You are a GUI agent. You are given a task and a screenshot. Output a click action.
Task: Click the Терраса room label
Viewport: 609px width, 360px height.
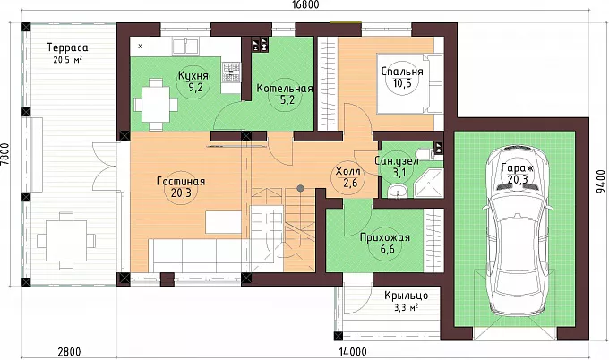(67, 47)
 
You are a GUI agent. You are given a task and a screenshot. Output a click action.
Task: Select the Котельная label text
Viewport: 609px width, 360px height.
(285, 88)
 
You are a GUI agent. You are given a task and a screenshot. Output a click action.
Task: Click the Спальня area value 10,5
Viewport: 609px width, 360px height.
(402, 83)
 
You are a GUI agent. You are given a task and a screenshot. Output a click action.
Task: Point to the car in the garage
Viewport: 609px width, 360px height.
(518, 230)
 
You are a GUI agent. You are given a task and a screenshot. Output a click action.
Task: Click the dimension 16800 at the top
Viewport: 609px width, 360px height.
(304, 4)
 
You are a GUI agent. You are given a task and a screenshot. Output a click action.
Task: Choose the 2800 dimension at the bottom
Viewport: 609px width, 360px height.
(69, 352)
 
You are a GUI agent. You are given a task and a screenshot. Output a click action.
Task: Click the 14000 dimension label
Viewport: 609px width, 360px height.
(353, 352)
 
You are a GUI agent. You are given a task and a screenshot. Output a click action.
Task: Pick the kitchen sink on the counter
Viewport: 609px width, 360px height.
(185, 46)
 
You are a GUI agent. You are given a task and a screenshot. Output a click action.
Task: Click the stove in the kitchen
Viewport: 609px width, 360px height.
(231, 73)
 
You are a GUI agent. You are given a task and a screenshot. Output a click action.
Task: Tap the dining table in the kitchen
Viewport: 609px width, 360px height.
(156, 104)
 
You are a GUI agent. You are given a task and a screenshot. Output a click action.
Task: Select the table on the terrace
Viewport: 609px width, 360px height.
(66, 241)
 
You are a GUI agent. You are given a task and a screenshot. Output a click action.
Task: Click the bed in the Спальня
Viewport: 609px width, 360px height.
(409, 84)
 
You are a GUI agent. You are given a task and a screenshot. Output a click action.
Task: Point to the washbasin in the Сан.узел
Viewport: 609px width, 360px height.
(398, 191)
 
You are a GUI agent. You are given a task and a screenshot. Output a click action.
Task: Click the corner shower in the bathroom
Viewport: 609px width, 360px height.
(429, 183)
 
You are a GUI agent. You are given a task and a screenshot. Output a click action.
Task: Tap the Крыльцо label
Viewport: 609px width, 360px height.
(407, 296)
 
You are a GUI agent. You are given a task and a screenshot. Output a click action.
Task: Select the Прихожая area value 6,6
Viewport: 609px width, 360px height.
(387, 249)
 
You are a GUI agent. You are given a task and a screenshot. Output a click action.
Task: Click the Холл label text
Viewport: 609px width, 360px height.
(347, 171)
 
